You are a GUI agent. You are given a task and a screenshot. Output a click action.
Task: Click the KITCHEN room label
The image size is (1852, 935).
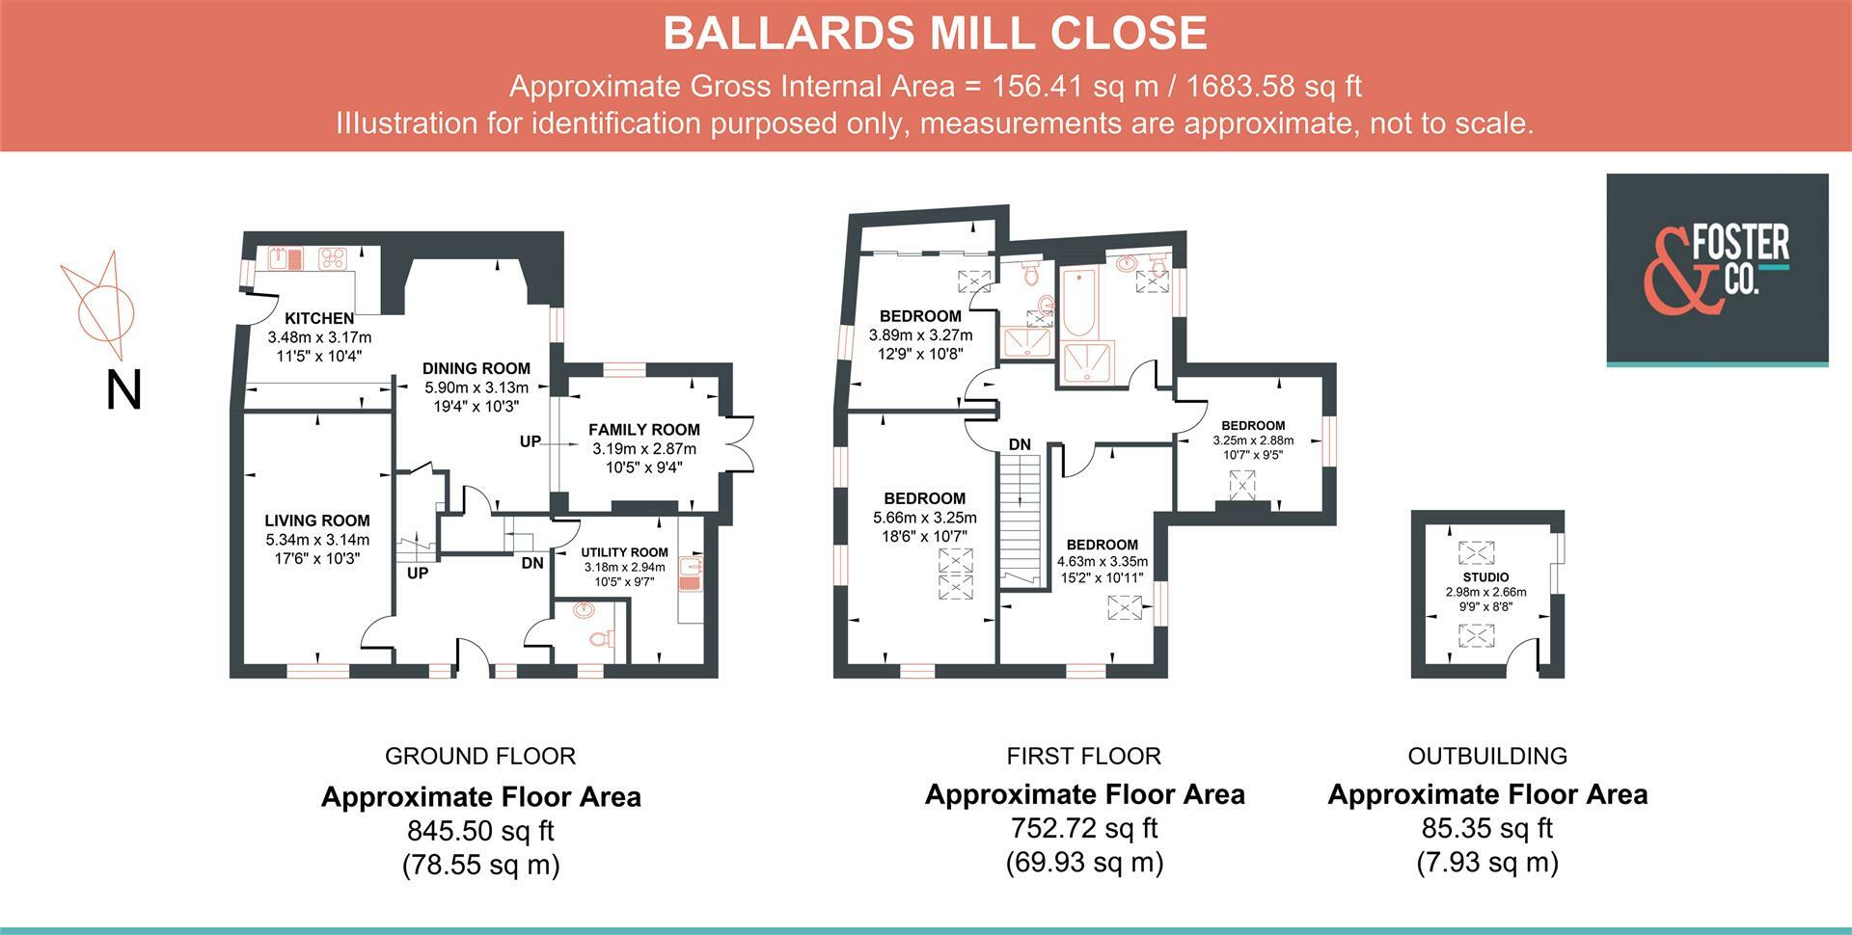(319, 318)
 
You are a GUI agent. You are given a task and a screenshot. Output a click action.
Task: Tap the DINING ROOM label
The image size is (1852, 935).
(477, 368)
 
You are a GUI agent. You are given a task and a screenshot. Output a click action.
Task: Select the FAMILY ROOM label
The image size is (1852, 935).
(644, 430)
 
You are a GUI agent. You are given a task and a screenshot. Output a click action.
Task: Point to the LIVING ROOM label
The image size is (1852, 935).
(317, 521)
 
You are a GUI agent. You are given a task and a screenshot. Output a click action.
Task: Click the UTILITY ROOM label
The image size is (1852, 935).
(624, 552)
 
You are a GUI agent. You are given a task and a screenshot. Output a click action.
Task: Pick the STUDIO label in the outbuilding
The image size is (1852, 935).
(1485, 577)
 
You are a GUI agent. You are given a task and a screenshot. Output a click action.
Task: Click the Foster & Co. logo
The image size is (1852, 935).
(1717, 269)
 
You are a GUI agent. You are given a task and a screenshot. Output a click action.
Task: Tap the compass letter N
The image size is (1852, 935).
(123, 390)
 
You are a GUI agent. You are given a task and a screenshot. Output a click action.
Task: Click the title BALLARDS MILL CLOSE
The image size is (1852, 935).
(935, 34)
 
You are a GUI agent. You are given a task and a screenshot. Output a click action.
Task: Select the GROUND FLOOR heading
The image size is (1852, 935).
(480, 757)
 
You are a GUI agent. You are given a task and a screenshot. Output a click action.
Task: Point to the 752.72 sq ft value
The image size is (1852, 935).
(1084, 828)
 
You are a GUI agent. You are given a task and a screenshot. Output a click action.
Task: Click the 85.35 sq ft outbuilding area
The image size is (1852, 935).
(1487, 828)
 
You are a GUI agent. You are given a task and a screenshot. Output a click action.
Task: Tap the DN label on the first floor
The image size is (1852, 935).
(1020, 445)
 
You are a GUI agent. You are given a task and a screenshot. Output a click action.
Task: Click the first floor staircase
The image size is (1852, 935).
(1021, 521)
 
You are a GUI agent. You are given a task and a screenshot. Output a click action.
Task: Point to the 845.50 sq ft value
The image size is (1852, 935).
(480, 831)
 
